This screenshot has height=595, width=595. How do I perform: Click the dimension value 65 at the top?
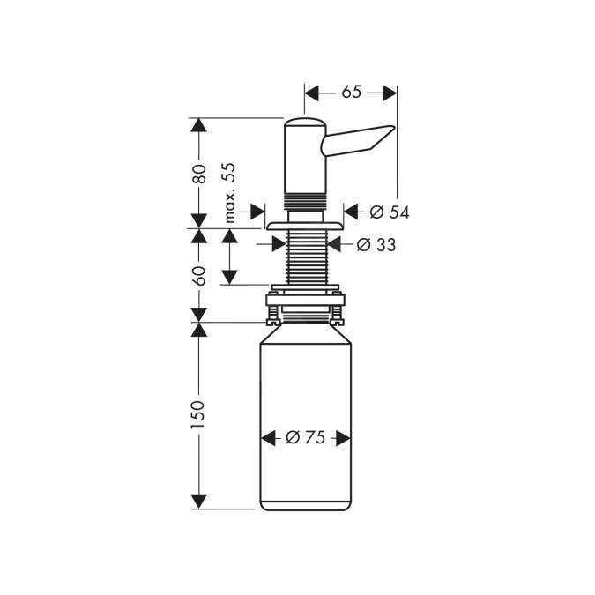(351, 92)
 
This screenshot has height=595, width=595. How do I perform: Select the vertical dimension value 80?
(199, 174)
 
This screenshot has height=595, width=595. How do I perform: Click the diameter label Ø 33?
(376, 245)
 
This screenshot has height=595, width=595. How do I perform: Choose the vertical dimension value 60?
(199, 275)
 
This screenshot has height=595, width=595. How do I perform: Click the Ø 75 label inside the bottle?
(306, 438)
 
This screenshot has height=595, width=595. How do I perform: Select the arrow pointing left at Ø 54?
(351, 212)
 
